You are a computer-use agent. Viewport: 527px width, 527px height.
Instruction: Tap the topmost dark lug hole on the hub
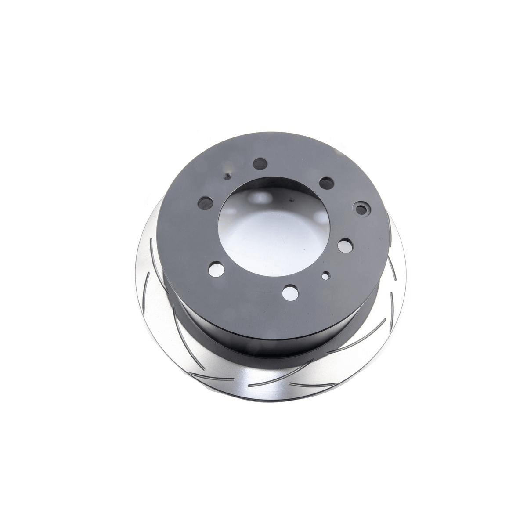pyautogui.click(x=260, y=164)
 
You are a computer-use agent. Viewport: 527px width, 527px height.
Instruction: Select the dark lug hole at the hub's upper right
pyautogui.click(x=326, y=182)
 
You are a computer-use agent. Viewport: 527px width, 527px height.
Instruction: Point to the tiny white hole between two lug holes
pyautogui.click(x=325, y=276)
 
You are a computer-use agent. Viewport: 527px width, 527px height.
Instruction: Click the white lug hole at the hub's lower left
pyautogui.click(x=215, y=268)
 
